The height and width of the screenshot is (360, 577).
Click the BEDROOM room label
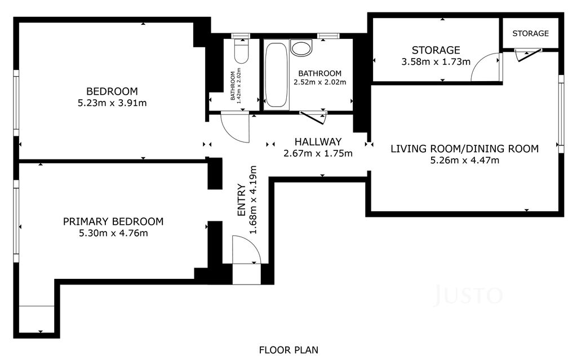pos(112,91)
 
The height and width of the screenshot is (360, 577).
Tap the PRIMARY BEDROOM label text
pos(113,221)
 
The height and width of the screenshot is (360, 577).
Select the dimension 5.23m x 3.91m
pos(112,103)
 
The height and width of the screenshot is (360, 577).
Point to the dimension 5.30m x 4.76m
pos(113,233)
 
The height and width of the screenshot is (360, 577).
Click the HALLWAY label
pos(318,142)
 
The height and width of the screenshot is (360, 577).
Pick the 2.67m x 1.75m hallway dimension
pos(318,153)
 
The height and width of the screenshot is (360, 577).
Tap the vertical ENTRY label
pos(241,200)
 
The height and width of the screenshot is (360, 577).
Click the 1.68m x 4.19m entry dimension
pos(253,200)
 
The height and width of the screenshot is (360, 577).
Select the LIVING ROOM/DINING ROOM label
pos(464,149)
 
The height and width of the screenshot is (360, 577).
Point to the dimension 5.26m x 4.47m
pos(465,160)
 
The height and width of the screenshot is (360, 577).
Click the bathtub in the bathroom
pos(276,75)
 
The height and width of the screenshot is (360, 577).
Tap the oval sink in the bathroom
pos(301,48)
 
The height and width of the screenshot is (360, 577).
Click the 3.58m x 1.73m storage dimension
pos(436,61)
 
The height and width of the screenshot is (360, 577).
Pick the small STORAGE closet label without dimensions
pos(530,33)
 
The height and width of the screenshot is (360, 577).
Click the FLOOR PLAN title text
pos(288,350)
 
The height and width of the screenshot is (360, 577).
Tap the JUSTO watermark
pos(468,295)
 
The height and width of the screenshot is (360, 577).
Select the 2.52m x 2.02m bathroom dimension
pos(320,82)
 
